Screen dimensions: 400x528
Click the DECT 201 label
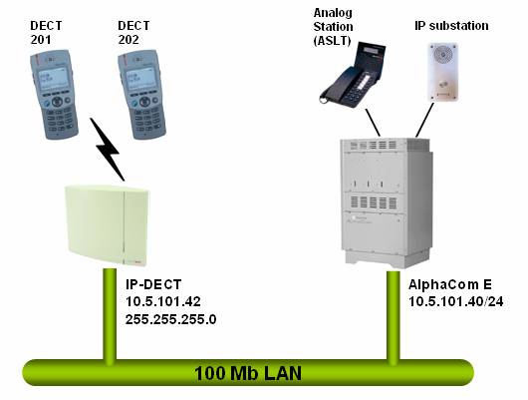46,31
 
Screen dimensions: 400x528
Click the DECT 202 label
134,31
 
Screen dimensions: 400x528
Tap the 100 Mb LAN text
249,375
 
